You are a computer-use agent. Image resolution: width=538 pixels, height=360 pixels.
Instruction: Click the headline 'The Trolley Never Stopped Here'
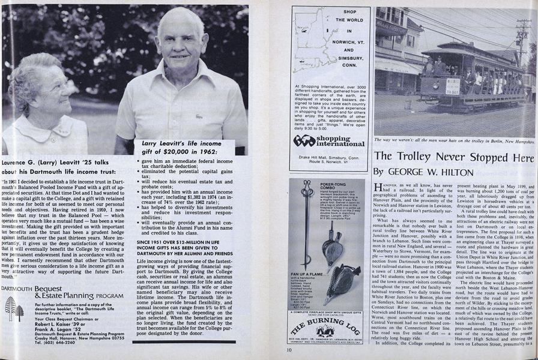[x=454, y=158]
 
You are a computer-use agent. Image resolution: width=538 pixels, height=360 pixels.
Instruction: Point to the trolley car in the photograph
[x=474, y=75]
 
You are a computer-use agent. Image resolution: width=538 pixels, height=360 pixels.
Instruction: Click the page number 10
[x=289, y=350]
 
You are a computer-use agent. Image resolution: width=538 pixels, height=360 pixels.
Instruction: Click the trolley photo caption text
[x=453, y=140]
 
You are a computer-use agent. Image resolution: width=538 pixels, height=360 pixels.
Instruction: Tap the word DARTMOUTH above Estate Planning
[x=16, y=289]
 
